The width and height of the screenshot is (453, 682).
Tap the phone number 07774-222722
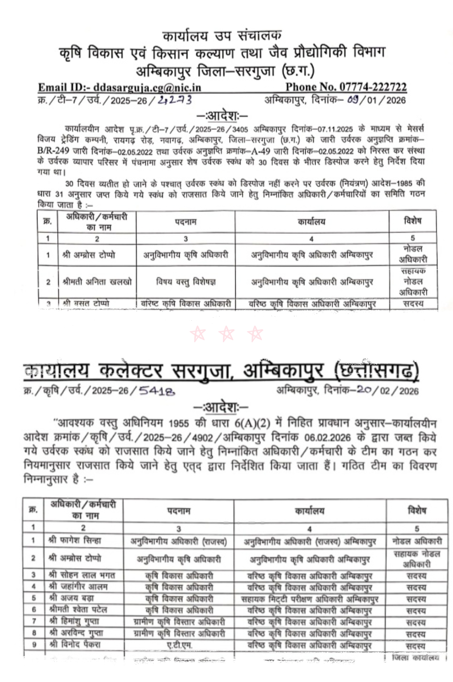click(373, 87)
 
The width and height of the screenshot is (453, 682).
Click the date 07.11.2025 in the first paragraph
click(335, 129)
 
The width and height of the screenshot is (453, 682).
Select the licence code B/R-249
click(53, 151)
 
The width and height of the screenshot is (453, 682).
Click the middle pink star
click(226, 334)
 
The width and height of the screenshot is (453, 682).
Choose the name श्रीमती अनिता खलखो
click(97, 282)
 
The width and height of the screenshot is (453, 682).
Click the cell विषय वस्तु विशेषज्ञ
click(186, 282)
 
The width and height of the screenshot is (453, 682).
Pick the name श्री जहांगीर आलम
click(78, 587)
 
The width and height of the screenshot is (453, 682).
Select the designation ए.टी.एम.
click(179, 645)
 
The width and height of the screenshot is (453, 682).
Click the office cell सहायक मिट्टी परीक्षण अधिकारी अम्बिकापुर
click(310, 599)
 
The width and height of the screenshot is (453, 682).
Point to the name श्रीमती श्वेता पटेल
click(78, 610)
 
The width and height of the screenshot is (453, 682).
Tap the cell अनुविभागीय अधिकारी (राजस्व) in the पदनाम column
click(178, 542)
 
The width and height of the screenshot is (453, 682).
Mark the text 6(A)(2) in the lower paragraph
click(252, 423)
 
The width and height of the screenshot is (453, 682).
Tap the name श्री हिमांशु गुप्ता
click(74, 621)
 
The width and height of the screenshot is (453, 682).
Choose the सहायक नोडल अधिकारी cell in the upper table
click(413, 282)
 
